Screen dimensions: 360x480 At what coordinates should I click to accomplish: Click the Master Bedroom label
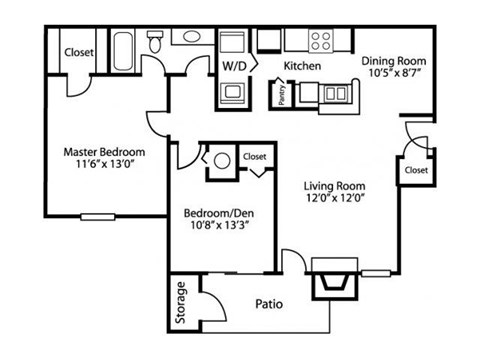pyautogui.click(x=104, y=152)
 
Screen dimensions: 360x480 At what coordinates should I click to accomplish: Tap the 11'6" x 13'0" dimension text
pyautogui.click(x=104, y=167)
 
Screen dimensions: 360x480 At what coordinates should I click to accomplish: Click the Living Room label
pyautogui.click(x=334, y=185)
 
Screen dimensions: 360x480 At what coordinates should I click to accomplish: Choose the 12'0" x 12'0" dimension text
pyautogui.click(x=334, y=199)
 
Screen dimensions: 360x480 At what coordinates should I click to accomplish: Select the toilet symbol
pyautogui.click(x=156, y=43)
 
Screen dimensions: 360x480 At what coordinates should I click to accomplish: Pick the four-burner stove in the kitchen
pyautogui.click(x=321, y=41)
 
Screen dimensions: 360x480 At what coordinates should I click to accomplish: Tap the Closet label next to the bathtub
pyautogui.click(x=78, y=52)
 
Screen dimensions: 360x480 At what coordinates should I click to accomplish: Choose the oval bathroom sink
pyautogui.click(x=190, y=37)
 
